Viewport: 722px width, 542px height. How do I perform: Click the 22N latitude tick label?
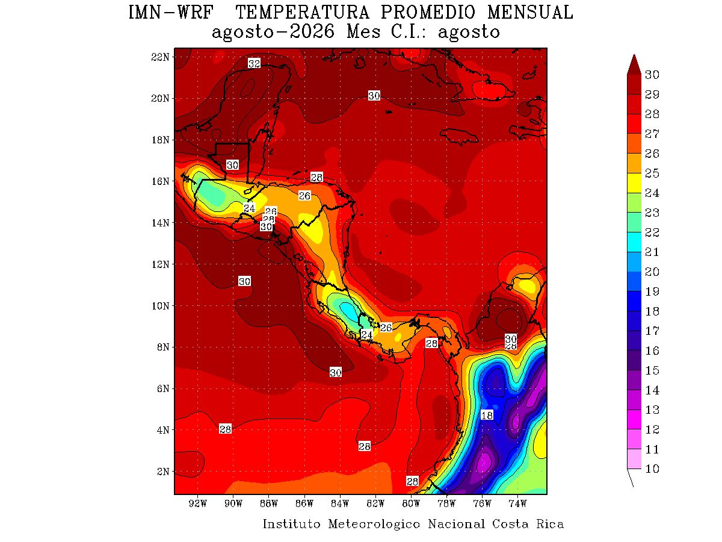[160, 57]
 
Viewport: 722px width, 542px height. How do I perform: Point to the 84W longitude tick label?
[339, 503]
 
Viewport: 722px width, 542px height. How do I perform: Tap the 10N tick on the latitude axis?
[160, 306]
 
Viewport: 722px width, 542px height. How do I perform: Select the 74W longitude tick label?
[517, 503]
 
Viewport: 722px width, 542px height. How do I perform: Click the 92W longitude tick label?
[198, 503]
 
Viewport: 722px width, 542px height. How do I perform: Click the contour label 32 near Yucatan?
[254, 63]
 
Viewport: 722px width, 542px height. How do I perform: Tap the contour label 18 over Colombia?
[487, 416]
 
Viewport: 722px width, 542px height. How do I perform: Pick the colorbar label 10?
[652, 469]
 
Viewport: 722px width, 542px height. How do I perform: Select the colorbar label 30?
[652, 75]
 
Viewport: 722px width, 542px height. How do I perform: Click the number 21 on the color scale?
[652, 252]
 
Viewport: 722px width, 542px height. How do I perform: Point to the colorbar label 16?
[652, 350]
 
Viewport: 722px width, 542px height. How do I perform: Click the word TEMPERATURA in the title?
[302, 13]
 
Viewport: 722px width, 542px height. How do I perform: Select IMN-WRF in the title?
[171, 13]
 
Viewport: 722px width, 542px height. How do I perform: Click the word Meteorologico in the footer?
[374, 523]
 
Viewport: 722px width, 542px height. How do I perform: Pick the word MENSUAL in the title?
[530, 13]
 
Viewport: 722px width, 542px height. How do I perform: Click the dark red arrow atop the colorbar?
[634, 64]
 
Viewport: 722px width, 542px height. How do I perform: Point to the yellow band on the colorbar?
[634, 182]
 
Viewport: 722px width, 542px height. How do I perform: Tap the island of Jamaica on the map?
[459, 136]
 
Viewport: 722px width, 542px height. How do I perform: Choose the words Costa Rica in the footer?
[528, 523]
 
